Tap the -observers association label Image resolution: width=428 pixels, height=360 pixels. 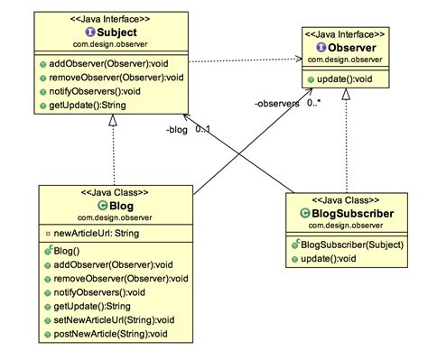[276, 104]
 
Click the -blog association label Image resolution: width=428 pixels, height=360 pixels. [176, 129]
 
